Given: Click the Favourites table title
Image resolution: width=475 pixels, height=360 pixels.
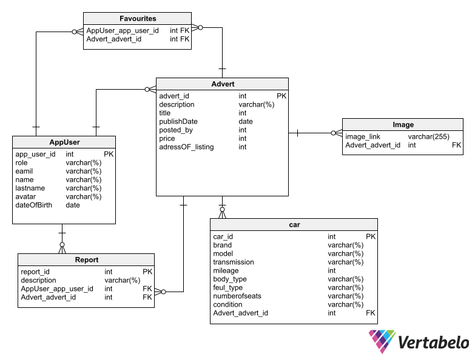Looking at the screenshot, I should coord(138,19).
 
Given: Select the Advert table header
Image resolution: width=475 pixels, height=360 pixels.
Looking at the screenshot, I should coord(223,84).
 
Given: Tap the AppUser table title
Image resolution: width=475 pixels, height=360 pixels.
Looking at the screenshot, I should coord(64,142).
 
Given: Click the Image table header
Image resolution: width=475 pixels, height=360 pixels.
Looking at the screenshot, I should coord(403,125).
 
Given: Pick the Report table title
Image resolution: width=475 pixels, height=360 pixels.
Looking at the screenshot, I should coord(87,260).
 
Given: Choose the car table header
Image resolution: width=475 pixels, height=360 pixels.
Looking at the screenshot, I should coord(294,225).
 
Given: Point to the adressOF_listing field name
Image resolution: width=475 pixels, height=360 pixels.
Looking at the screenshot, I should coord(186,147).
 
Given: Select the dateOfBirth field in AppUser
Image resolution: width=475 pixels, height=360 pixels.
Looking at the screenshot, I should coord(34,205).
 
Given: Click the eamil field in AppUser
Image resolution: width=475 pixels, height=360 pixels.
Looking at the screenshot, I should coord(25,172).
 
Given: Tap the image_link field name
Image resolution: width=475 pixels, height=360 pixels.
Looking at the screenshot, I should coord(363,137).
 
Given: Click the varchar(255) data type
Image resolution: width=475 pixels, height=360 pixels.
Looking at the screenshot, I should coord(428,137).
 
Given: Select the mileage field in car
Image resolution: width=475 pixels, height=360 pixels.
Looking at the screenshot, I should coord(226,271).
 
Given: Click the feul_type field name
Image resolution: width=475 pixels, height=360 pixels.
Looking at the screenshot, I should coord(228,288).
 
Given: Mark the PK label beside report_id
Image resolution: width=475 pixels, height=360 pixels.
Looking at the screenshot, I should coord(147,272).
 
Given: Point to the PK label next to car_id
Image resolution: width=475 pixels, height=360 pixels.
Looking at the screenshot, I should coord(371,237).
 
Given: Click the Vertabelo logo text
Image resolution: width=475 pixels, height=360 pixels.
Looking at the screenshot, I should coord(433,343).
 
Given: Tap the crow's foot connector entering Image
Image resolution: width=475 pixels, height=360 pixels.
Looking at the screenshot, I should coord(336,133).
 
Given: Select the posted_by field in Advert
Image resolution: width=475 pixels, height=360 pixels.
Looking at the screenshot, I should coord(176,130).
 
